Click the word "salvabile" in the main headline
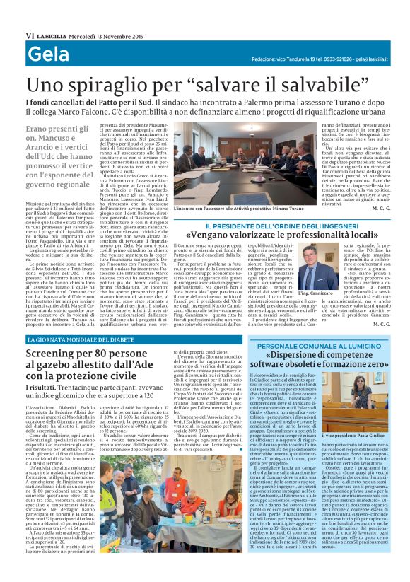click(x=340, y=86)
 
